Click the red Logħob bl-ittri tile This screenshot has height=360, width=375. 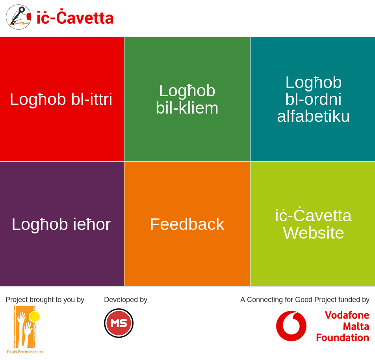point(62,99)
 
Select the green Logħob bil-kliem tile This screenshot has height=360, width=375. point(187,99)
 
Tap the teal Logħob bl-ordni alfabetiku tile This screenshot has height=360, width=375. point(313,99)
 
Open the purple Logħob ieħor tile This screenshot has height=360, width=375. point(62,224)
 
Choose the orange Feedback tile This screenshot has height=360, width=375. point(187,224)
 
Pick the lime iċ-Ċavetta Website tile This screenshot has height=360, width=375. point(313,224)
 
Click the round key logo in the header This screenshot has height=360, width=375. point(19,17)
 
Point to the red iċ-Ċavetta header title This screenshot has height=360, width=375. point(75,17)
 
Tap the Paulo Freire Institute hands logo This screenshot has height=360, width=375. point(25,327)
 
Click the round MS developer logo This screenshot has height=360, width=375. point(119,323)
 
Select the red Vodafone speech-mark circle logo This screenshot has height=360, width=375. point(291,326)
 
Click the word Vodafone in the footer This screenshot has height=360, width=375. point(347,315)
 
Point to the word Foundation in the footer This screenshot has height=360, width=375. point(342,338)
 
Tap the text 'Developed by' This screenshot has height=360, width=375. point(126,300)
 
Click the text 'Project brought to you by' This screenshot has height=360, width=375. point(45,300)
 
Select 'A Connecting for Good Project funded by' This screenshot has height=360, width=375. point(305,300)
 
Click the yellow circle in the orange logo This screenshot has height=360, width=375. point(34,317)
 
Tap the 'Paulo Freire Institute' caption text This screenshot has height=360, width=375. point(25,352)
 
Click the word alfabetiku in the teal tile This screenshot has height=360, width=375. point(313,116)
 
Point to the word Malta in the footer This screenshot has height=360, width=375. point(356,326)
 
